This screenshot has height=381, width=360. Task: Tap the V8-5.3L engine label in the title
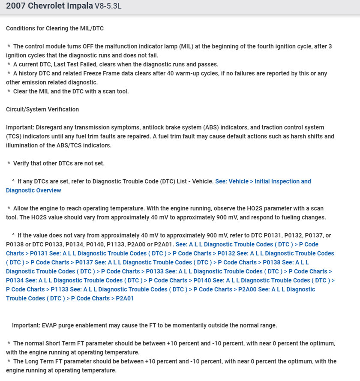point(108,6)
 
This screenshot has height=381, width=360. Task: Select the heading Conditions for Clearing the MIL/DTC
point(55,28)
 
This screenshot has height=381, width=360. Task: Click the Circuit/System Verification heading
point(42,109)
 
